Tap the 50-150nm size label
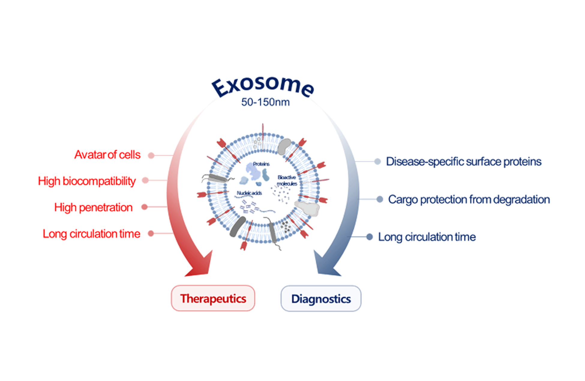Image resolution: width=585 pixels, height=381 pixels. [265, 102]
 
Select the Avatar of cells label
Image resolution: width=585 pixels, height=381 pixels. [107, 155]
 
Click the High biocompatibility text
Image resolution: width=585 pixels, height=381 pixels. [87, 181]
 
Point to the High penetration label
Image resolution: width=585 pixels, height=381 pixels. [93, 207]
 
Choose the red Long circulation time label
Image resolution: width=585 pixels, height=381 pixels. [91, 234]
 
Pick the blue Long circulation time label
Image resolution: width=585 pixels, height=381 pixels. [427, 237]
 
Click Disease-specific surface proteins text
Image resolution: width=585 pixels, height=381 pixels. [463, 162]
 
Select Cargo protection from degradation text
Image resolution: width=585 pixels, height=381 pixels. [469, 200]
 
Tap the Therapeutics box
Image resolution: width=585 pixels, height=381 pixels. [213, 298]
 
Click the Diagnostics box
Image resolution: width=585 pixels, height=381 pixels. [321, 299]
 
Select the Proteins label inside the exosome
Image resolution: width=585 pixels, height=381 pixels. [261, 164]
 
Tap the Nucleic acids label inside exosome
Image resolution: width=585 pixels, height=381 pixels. [249, 193]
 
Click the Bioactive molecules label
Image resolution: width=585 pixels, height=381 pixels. [287, 180]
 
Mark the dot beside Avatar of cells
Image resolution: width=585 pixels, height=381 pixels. [151, 155]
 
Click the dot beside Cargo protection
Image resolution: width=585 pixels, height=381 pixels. [379, 199]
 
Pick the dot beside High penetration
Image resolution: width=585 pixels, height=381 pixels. [144, 207]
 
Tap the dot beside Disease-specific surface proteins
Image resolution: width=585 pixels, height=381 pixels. [377, 162]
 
